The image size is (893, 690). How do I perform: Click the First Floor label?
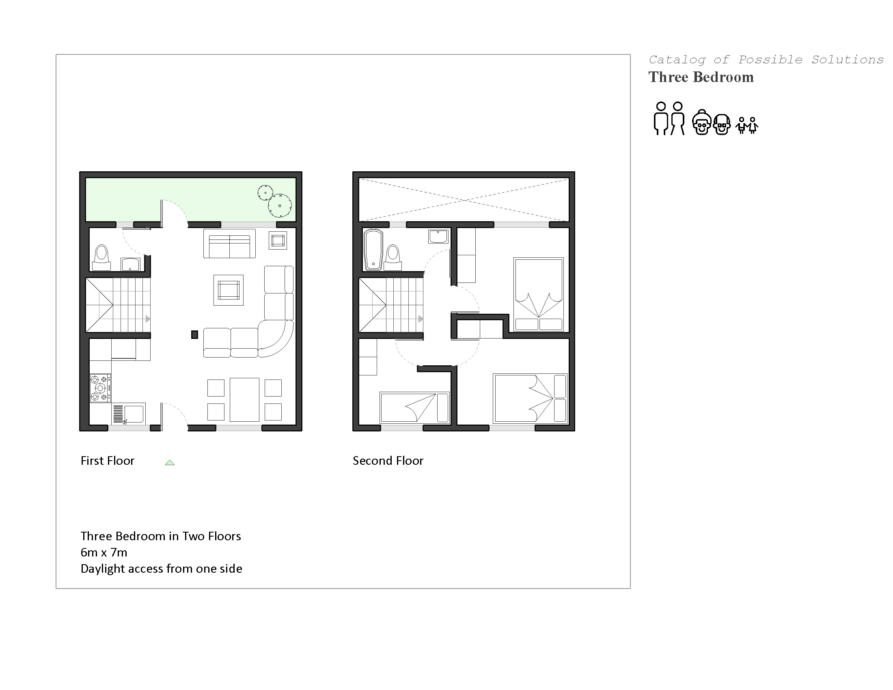pos(107,461)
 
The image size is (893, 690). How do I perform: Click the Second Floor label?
pos(388,461)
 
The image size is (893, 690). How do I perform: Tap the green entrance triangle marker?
pos(170,463)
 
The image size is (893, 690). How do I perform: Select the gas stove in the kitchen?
pos(100,388)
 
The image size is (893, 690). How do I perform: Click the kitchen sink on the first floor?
pos(129,414)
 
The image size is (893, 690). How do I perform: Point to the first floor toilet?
pos(101,257)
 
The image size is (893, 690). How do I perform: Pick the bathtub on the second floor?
pos(373,249)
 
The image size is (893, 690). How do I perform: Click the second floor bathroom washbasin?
pos(438,236)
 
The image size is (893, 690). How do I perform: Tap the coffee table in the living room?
pos(229,290)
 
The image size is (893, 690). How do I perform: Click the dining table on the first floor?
pos(244,400)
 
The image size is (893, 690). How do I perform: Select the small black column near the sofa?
pos(194,335)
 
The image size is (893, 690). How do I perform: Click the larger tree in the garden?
pos(280,206)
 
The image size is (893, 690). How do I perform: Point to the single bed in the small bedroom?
pos(414,408)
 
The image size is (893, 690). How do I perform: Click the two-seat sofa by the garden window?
pos(229,244)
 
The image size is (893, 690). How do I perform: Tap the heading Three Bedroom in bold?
pos(701,77)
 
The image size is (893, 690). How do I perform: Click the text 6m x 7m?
pos(104,552)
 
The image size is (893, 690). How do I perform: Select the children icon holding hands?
pos(746,125)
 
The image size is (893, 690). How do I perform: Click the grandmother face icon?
pos(702,122)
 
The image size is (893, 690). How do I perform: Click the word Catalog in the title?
pos(677,60)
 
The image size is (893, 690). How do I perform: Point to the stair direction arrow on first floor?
pos(148,319)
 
